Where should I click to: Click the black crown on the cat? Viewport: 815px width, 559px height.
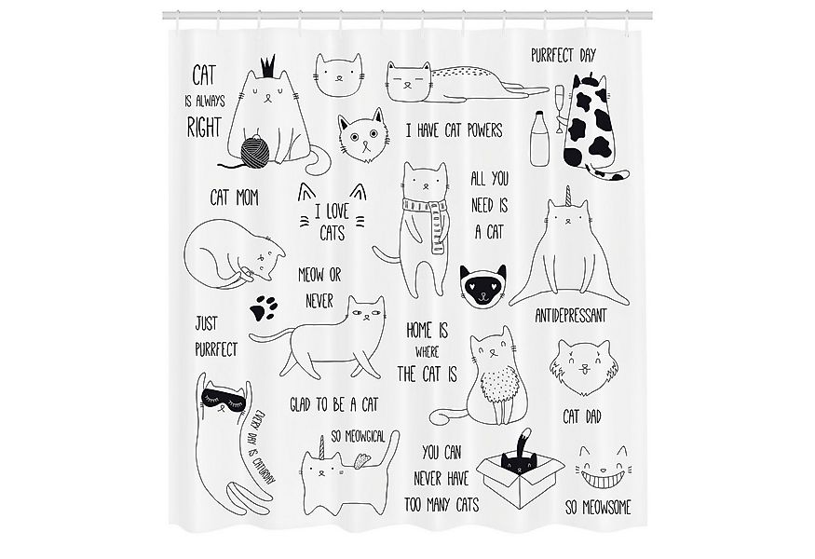[x=267, y=65]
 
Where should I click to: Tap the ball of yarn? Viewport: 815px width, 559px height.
[x=254, y=150]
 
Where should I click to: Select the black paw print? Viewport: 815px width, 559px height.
[x=264, y=307]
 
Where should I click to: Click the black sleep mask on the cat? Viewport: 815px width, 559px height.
[x=223, y=402]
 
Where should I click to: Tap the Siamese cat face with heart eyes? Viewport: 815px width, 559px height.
[x=482, y=285]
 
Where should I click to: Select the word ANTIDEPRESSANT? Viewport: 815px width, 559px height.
[x=571, y=316]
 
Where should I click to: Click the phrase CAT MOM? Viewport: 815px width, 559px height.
[x=235, y=198]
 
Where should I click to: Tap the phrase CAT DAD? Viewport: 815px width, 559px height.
[x=582, y=416]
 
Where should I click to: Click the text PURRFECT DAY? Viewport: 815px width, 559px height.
[x=564, y=55]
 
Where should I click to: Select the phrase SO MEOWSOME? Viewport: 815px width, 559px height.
[x=598, y=507]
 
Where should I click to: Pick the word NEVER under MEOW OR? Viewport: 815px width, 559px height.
[x=319, y=301]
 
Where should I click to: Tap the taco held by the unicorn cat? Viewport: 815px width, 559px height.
[x=361, y=460]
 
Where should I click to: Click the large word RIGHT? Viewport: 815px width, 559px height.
[x=204, y=127]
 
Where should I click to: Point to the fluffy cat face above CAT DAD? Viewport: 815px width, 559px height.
[x=580, y=368]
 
